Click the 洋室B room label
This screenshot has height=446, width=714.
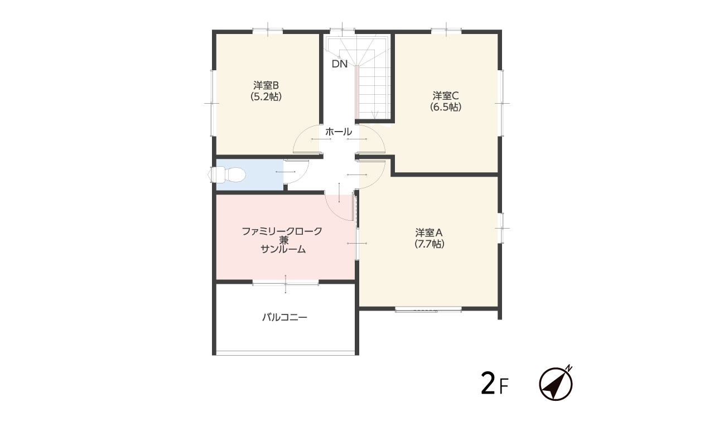coord(266,85)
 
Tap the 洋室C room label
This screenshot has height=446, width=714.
coord(446,95)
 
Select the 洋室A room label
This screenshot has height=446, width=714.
coord(429,232)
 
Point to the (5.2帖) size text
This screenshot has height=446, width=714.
coord(266,96)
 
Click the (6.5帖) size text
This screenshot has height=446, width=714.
coord(446,106)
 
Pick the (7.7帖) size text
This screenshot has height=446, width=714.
coord(430,244)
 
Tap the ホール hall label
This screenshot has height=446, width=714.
coord(339,132)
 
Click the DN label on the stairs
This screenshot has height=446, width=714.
coord(340,64)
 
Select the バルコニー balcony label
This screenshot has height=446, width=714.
coord(284,317)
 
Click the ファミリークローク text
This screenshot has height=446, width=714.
coord(282,231)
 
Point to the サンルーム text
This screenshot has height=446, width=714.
coord(283,249)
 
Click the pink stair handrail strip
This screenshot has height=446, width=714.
coord(358,93)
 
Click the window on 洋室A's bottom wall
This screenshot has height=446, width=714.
coord(428,309)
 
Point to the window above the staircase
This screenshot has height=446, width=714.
coord(342,31)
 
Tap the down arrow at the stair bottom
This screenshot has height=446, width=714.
coord(375,114)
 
